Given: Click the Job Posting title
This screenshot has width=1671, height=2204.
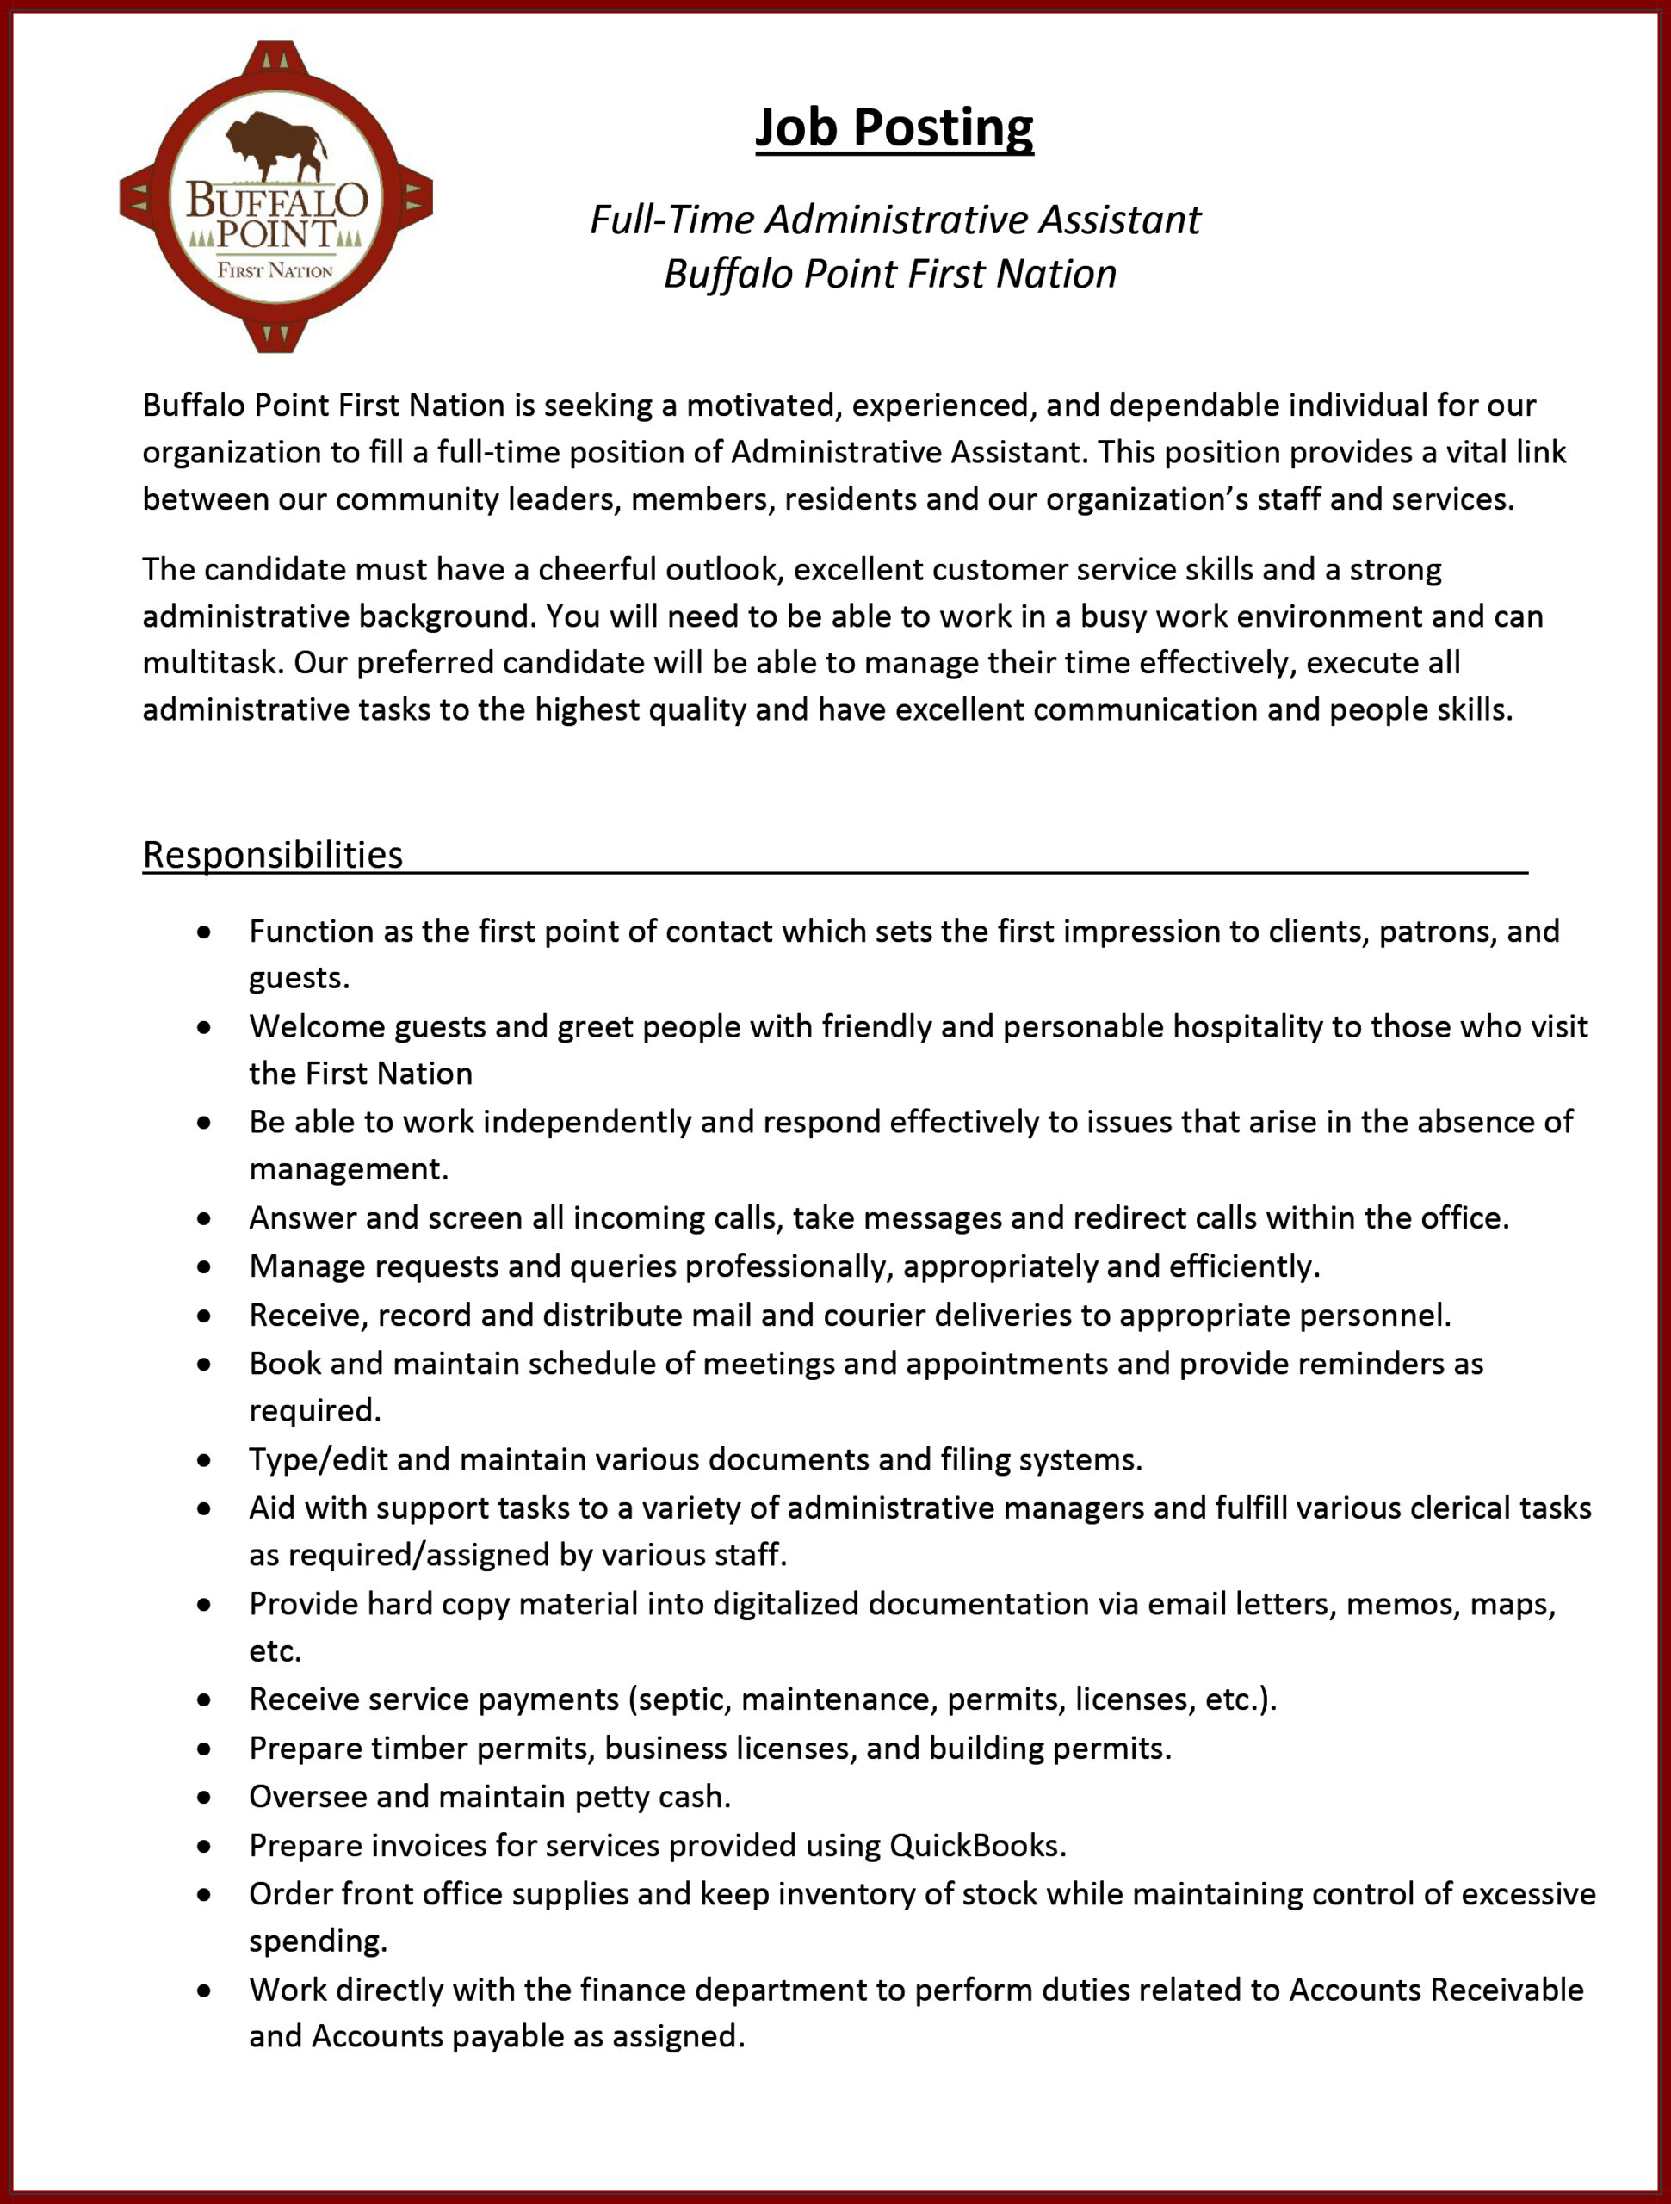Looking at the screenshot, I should [x=894, y=127].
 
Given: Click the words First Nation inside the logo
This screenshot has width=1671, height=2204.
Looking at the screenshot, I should [x=275, y=270].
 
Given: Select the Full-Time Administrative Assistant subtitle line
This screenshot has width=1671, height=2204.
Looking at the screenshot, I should [x=894, y=220].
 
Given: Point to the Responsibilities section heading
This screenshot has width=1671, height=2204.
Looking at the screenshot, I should [x=272, y=855].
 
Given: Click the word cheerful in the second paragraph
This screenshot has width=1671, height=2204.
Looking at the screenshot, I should [x=597, y=569].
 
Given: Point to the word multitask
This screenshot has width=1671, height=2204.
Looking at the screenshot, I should [x=209, y=663].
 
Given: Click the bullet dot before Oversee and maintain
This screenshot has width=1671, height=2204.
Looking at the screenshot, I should [x=204, y=1798].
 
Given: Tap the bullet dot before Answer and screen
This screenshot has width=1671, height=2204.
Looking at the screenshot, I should [x=204, y=1218].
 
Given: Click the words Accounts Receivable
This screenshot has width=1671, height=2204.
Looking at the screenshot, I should [x=1436, y=1990].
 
